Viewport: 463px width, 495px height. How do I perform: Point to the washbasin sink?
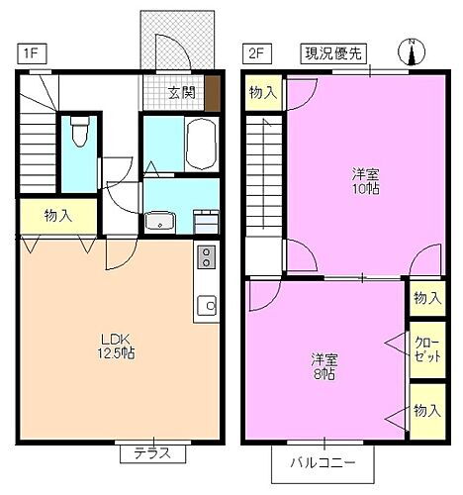pyautogui.click(x=158, y=220)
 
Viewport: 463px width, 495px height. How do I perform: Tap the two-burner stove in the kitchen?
pyautogui.click(x=206, y=257)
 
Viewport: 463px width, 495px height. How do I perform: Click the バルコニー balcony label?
pyautogui.click(x=324, y=462)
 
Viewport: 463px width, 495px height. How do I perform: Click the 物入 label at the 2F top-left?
pyautogui.click(x=262, y=93)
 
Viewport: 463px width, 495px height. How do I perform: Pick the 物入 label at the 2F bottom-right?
pyautogui.click(x=426, y=411)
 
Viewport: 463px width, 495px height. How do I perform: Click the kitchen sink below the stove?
pyautogui.click(x=207, y=306)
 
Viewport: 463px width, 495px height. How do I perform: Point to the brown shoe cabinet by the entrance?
pyautogui.click(x=215, y=86)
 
